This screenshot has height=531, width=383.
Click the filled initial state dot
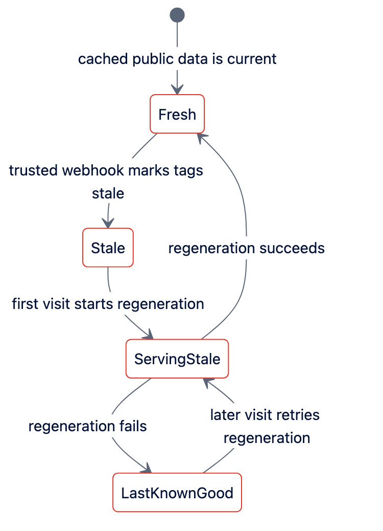point(177,15)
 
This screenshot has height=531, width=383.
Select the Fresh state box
point(177,114)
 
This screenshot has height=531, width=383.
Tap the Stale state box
point(108,248)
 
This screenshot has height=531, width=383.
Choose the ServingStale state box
point(177,359)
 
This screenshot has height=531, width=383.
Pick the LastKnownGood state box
point(177,493)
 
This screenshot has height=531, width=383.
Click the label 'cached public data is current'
point(177,59)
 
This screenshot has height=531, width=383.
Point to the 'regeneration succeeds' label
point(247,248)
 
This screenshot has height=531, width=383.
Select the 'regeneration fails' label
point(87,426)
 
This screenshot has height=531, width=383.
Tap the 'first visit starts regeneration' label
point(108,304)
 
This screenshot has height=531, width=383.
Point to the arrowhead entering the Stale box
point(108,224)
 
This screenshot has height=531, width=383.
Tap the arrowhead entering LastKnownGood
point(147,469)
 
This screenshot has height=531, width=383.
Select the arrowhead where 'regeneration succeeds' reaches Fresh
point(202,138)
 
